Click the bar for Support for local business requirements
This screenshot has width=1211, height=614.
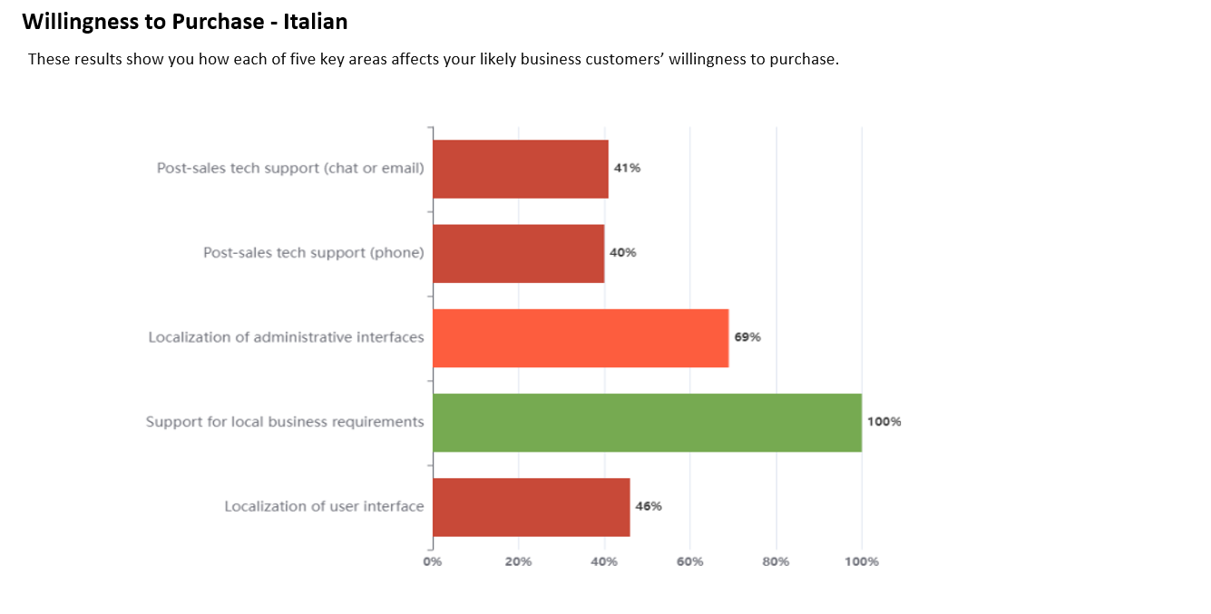coord(647,423)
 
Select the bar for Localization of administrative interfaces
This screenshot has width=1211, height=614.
coord(581,338)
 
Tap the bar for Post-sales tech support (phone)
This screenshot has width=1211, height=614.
coord(518,254)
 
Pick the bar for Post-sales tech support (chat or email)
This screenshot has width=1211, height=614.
coord(520,170)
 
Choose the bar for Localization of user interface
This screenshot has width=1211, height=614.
coord(531,507)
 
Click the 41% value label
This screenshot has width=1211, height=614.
coord(627,169)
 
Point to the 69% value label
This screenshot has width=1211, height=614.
coord(747,337)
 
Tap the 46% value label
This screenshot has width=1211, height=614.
coord(649,506)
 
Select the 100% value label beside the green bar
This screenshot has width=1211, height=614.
coord(884,422)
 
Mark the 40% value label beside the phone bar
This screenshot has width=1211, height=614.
coord(622,253)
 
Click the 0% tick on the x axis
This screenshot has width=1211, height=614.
coord(433,562)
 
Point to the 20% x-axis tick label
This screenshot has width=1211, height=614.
coord(518,562)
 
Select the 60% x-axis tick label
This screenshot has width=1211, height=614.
coord(689,562)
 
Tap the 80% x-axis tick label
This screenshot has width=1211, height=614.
coord(776,562)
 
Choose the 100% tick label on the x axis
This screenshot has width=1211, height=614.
coord(861,562)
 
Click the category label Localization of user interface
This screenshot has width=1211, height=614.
coord(324,506)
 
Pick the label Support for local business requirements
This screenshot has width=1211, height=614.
coord(285,422)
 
